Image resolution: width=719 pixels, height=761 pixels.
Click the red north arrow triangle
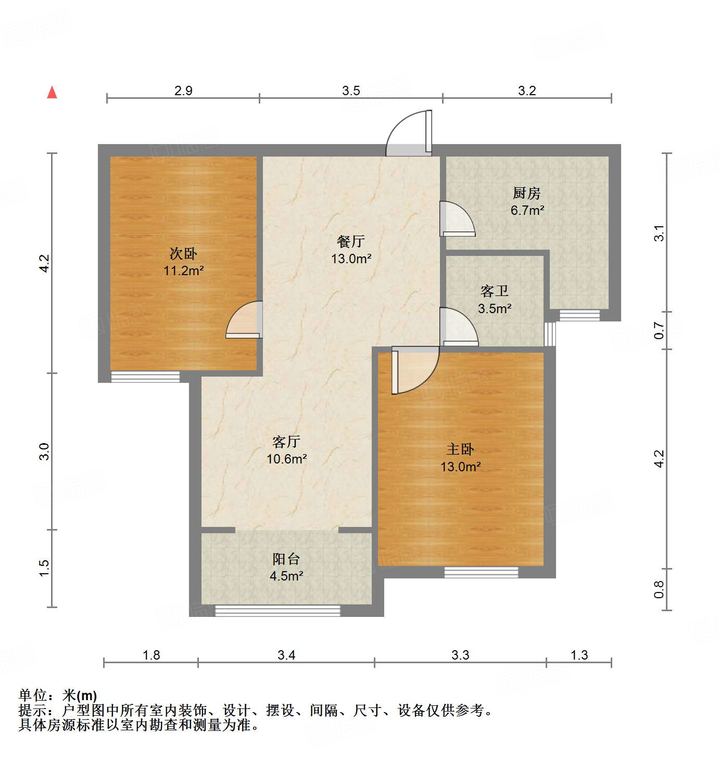[52, 93]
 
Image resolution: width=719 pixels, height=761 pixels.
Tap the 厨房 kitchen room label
[526, 194]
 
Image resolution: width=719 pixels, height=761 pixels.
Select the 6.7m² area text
[527, 211]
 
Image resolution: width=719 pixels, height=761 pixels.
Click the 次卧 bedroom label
[183, 254]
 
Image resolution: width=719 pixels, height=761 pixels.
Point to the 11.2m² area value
[183, 271]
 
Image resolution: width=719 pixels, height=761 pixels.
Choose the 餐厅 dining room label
[351, 241]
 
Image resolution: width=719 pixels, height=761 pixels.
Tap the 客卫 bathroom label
[494, 291]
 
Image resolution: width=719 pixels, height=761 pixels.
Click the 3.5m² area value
[495, 308]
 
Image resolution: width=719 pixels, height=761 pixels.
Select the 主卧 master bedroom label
[460, 449]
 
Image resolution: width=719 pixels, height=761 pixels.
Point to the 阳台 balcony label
[286, 559]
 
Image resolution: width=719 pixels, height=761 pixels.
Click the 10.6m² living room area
[286, 459]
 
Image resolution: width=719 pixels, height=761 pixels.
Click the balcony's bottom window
[277, 611]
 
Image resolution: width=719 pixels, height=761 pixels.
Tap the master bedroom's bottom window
[481, 572]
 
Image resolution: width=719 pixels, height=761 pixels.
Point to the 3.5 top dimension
[351, 91]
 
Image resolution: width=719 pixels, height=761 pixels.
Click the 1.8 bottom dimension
[151, 655]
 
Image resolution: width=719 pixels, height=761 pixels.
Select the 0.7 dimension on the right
[659, 330]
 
